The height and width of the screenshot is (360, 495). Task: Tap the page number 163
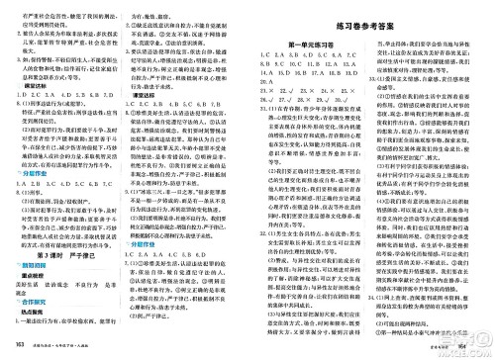(9, 353)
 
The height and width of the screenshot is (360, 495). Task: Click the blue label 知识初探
(29, 267)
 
